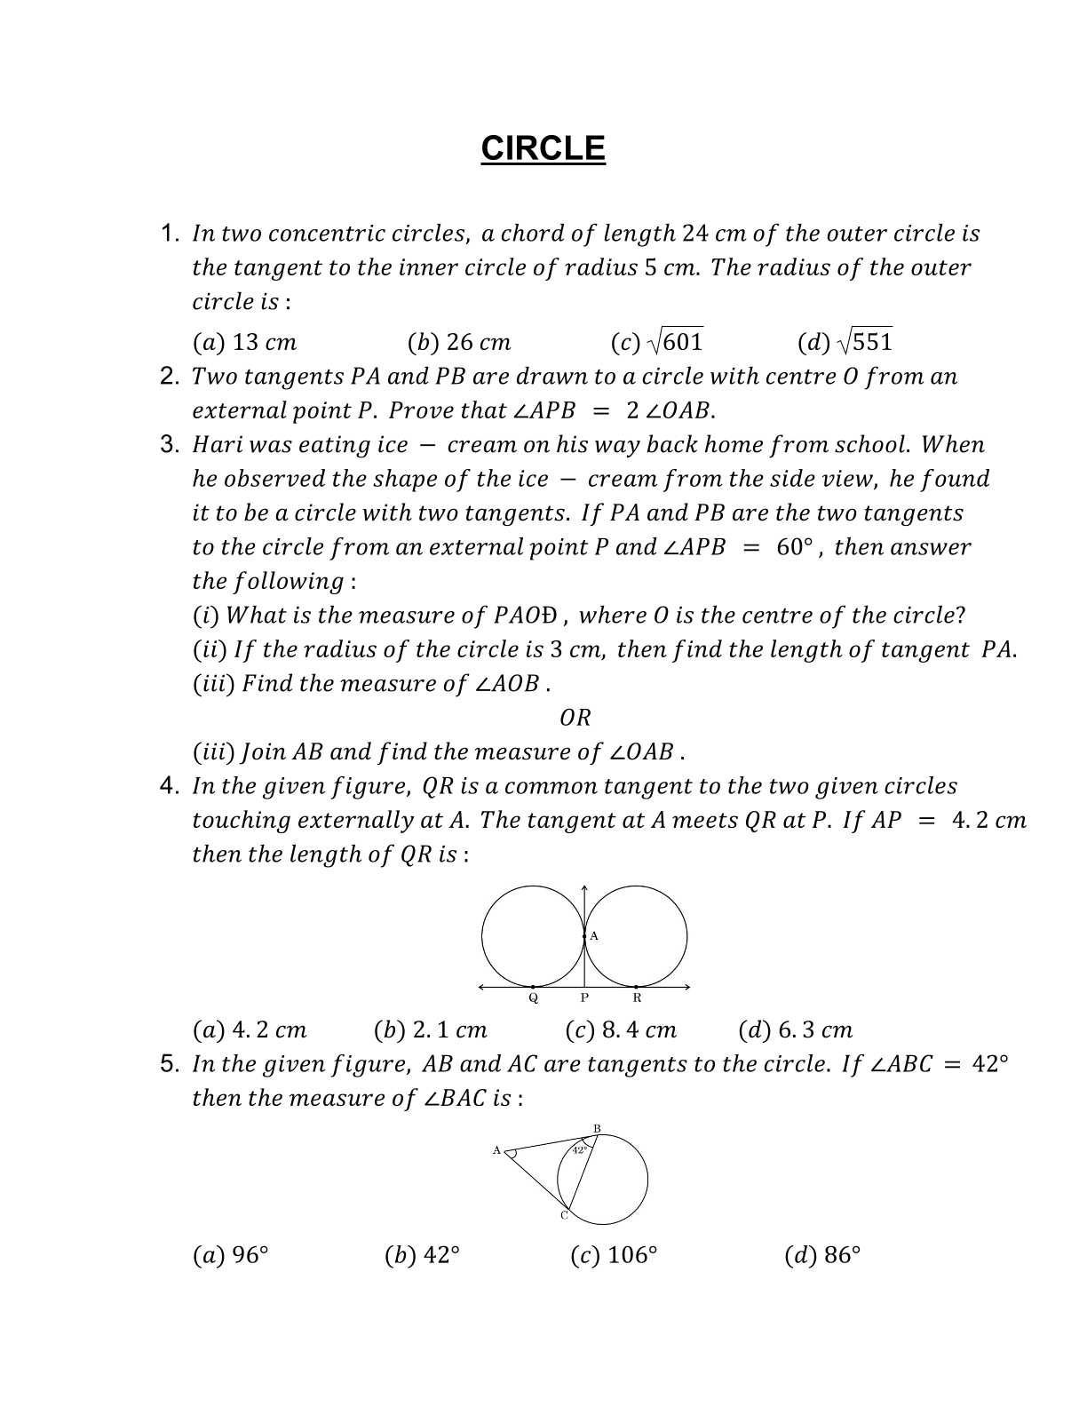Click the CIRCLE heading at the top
543,148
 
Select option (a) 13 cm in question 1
244,342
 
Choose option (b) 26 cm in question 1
459,342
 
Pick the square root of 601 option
657,342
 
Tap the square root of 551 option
845,342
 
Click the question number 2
170,377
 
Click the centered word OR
575,718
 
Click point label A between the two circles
594,936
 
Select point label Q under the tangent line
533,998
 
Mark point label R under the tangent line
637,998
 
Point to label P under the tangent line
584,998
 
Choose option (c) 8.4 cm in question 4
621,1030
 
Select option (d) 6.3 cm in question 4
795,1030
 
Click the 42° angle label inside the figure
579,1149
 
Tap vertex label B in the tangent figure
597,1129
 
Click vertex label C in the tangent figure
563,1215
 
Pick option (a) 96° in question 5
230,1255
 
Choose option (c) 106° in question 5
614,1255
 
